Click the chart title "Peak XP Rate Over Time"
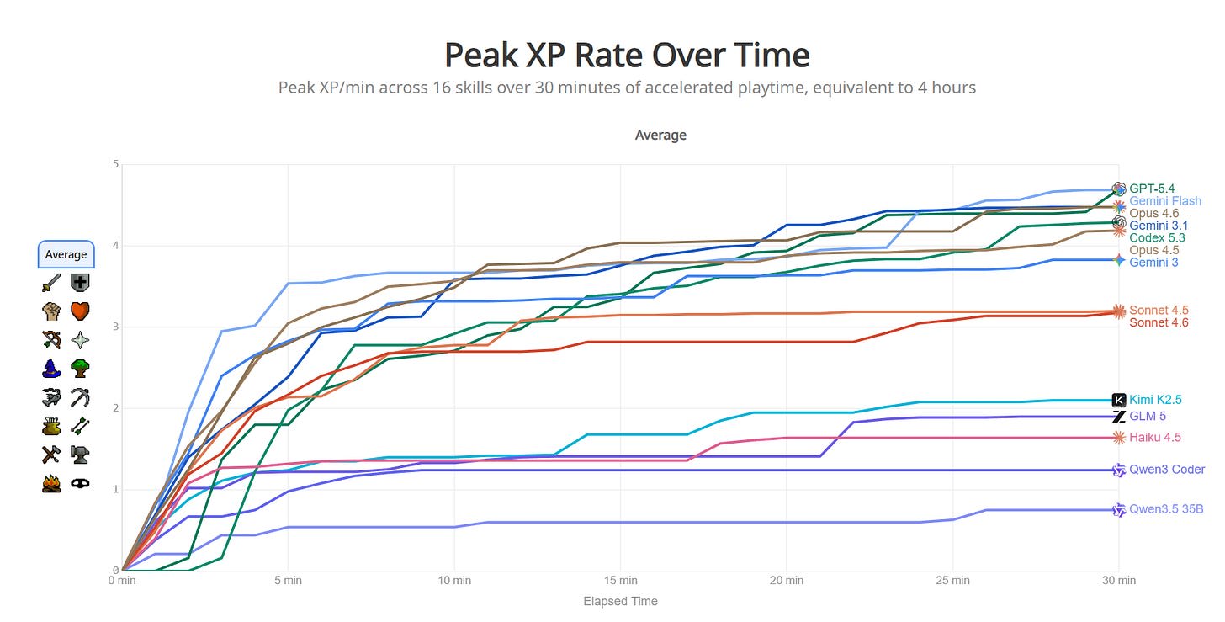point(626,56)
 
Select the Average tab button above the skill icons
point(66,254)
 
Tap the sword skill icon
point(51,283)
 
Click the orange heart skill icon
point(81,311)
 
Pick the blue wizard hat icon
point(51,369)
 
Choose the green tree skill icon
point(81,369)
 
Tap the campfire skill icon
point(51,484)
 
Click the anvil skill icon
point(81,455)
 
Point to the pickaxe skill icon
point(81,397)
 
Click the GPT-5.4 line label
point(1152,189)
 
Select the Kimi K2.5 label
point(1156,400)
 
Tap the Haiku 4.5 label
point(1155,437)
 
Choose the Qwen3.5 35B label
point(1165,509)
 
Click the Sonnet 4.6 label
point(1159,322)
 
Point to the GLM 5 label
point(1148,416)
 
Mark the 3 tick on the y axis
point(114,327)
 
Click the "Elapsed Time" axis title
point(620,601)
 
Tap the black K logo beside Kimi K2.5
point(1119,400)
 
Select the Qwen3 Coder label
point(1167,470)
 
